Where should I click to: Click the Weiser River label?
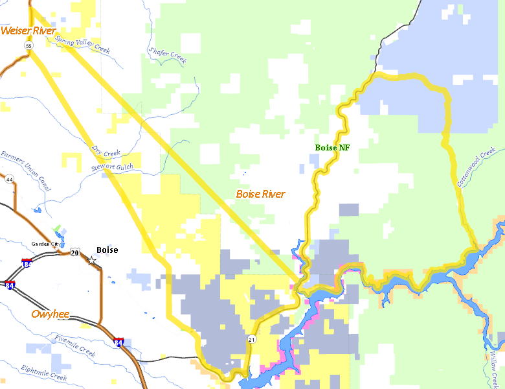(28, 30)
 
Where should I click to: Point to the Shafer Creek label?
(167, 54)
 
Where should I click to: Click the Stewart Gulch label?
(112, 167)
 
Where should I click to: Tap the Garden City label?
(45, 244)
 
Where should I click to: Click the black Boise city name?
(107, 250)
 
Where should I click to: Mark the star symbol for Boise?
(92, 260)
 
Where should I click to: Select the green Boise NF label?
(332, 148)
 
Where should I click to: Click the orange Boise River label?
(260, 194)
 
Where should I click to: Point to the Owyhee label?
(50, 314)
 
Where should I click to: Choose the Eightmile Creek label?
(43, 373)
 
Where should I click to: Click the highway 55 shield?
(28, 46)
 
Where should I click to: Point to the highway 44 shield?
(10, 179)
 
